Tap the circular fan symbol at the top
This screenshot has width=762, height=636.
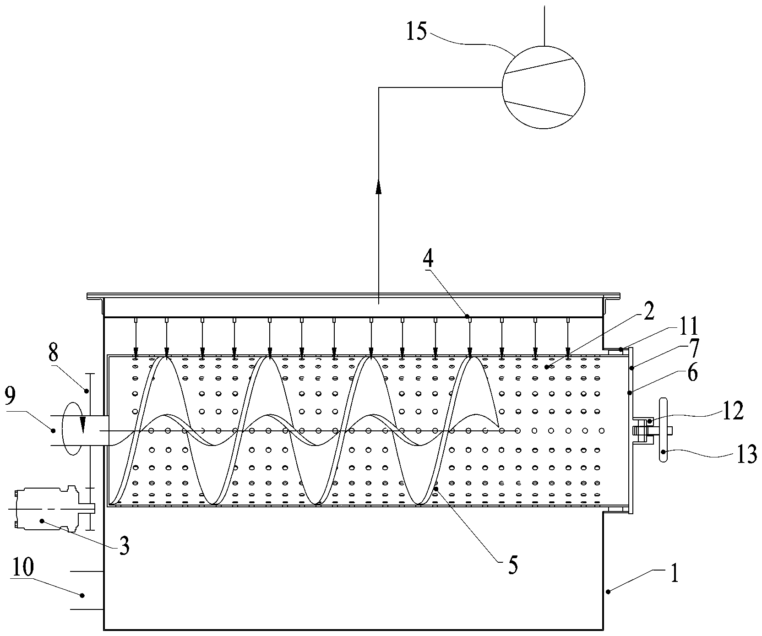(x=544, y=87)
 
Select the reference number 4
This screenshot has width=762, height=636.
(x=427, y=260)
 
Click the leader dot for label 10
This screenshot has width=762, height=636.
(x=82, y=595)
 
